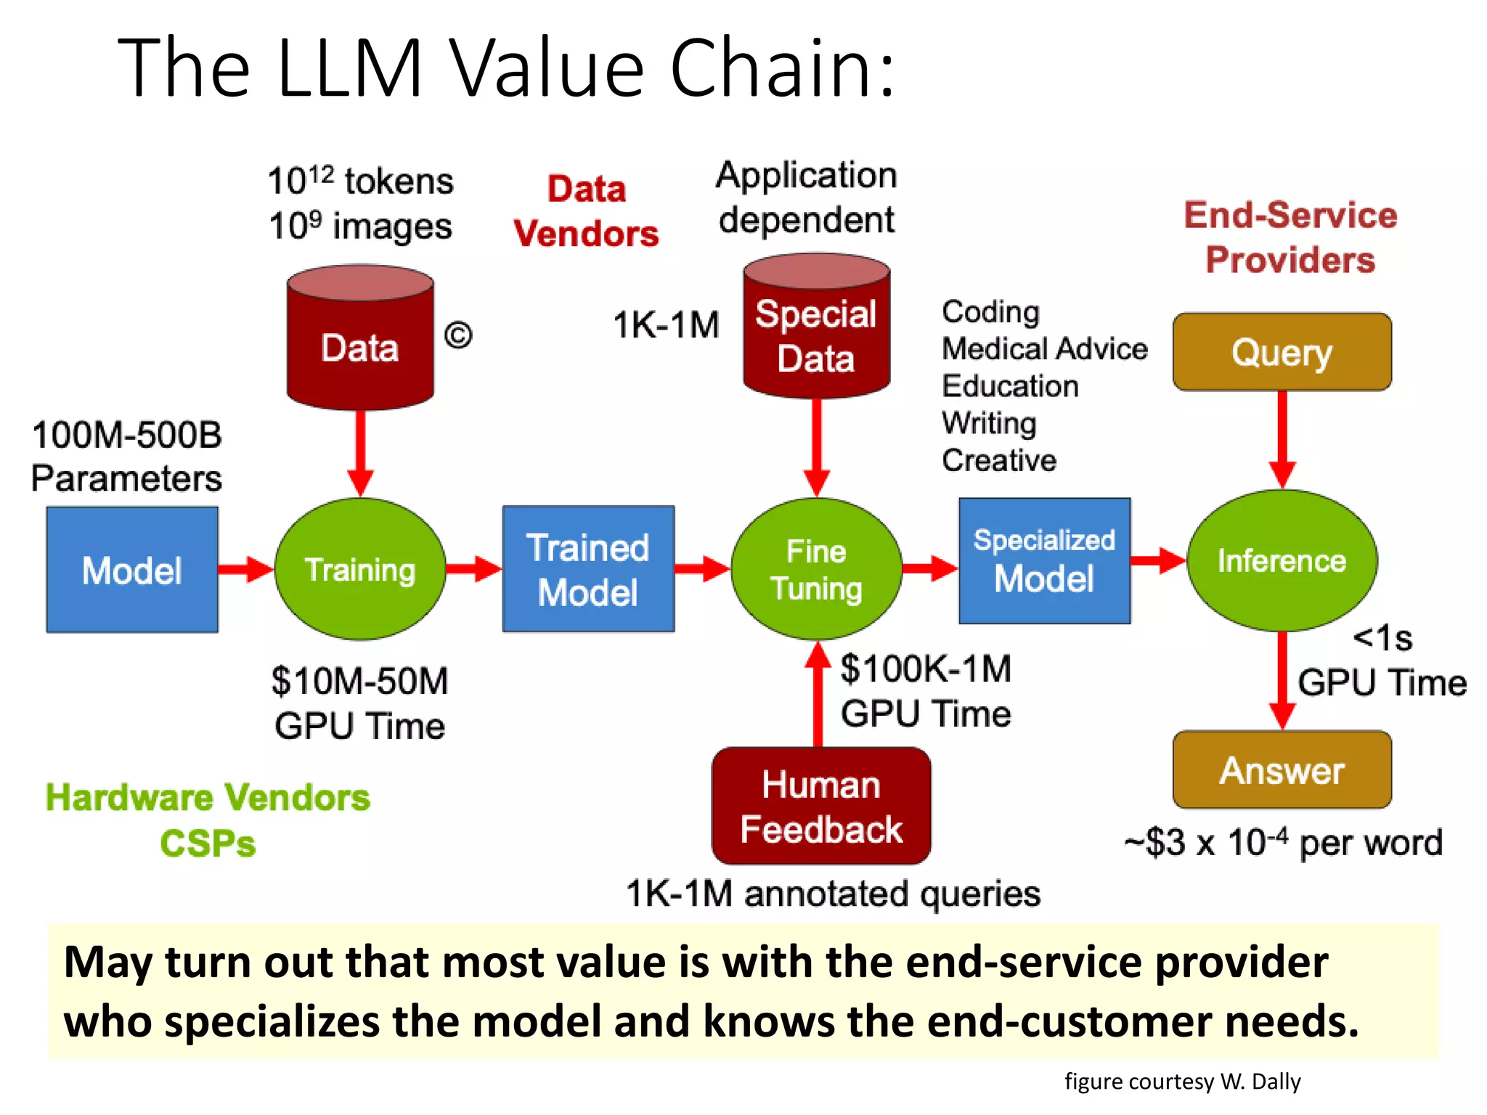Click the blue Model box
[x=132, y=570]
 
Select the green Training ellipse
[x=360, y=570]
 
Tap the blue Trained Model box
[x=588, y=570]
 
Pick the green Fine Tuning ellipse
[x=817, y=570]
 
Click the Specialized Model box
[x=1044, y=561]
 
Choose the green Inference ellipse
[x=1282, y=561]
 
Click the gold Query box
[x=1282, y=353]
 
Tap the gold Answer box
[x=1282, y=770]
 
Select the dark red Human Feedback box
[x=821, y=806]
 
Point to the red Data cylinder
[x=360, y=341]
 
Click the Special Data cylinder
[x=816, y=330]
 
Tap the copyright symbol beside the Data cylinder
[x=458, y=335]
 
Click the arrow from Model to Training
[x=245, y=570]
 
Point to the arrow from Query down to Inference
[x=1282, y=439]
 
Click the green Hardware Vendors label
[x=208, y=798]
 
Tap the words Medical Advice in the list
[x=1044, y=349]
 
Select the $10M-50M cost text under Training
[x=360, y=682]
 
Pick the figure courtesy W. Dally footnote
[x=1182, y=1082]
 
